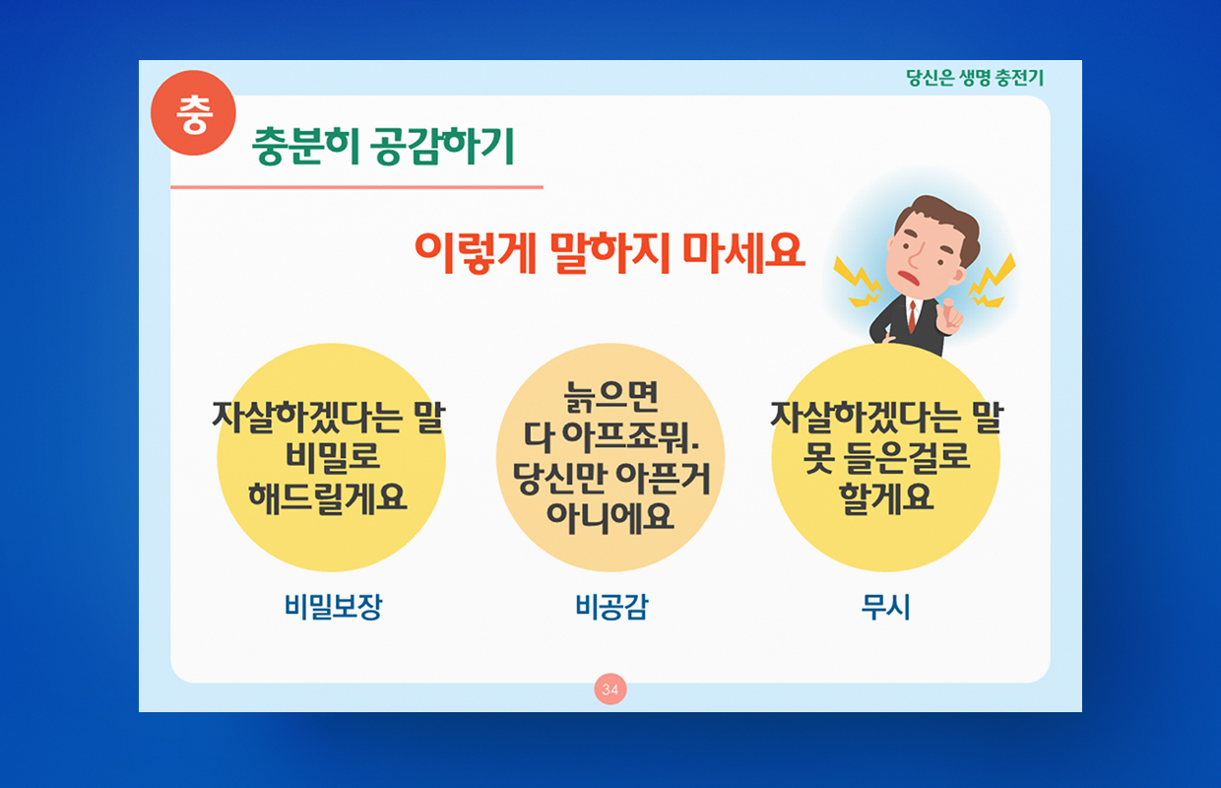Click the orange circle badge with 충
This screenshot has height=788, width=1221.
(x=193, y=113)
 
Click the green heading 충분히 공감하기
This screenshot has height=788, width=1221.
(x=383, y=146)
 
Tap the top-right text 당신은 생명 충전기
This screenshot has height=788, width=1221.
(x=975, y=78)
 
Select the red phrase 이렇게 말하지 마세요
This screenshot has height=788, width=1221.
(x=610, y=252)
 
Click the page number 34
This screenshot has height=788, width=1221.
(x=610, y=689)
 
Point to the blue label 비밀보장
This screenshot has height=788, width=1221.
(x=333, y=607)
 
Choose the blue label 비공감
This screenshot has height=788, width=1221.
(x=611, y=607)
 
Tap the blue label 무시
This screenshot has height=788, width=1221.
(x=886, y=607)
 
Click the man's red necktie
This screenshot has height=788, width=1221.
(x=912, y=316)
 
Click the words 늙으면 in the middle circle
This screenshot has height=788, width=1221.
(x=611, y=396)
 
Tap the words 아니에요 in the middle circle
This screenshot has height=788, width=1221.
(x=610, y=516)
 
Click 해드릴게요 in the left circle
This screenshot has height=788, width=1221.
(x=328, y=497)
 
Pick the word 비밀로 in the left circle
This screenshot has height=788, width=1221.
(x=332, y=457)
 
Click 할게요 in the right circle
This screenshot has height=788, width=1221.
(x=886, y=497)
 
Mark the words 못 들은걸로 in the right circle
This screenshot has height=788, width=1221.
(x=886, y=457)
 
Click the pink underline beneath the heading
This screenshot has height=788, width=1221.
(x=356, y=187)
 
